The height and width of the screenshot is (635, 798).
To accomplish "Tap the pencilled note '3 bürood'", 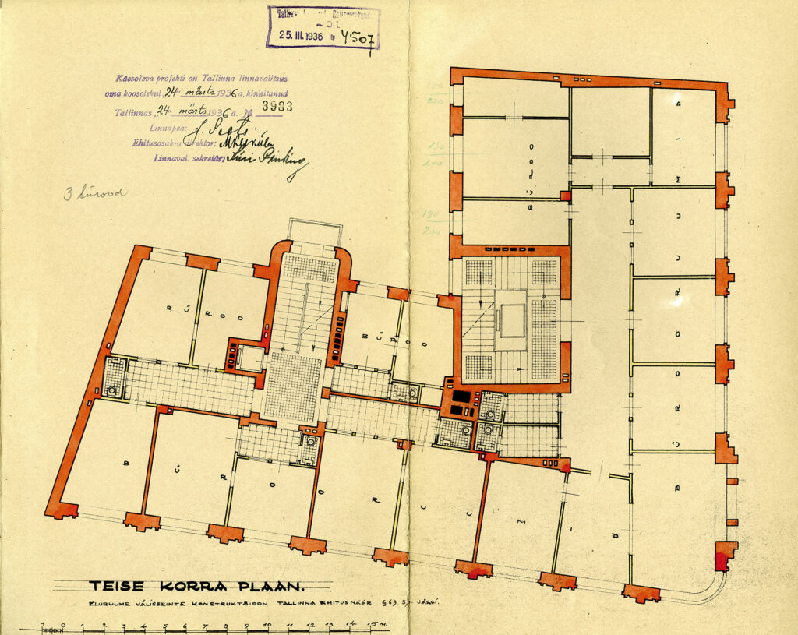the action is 94,192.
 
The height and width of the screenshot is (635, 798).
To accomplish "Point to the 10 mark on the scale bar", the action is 267,625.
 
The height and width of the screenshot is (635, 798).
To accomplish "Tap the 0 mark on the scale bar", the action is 63,625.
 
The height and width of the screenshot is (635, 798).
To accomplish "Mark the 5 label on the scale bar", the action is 165,625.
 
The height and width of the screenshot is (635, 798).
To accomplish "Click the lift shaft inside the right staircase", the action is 512,320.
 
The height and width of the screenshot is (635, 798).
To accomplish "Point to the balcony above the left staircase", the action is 315,231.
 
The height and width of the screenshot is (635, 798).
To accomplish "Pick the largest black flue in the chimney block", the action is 461,397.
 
